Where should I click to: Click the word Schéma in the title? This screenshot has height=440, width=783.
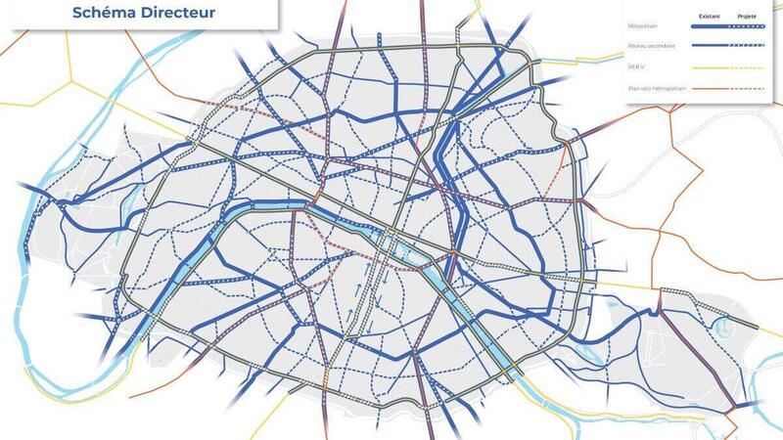click(x=104, y=14)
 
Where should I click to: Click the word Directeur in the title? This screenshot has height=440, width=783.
click(x=177, y=14)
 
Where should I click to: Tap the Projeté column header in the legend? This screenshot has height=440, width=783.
click(x=747, y=18)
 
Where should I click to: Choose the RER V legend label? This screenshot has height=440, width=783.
click(x=636, y=67)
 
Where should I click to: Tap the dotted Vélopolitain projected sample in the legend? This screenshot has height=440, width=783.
click(x=748, y=30)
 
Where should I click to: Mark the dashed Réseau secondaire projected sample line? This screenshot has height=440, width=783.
click(x=748, y=46)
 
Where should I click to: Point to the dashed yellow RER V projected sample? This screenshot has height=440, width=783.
click(x=748, y=67)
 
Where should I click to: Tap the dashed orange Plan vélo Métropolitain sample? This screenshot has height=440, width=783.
click(x=748, y=90)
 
